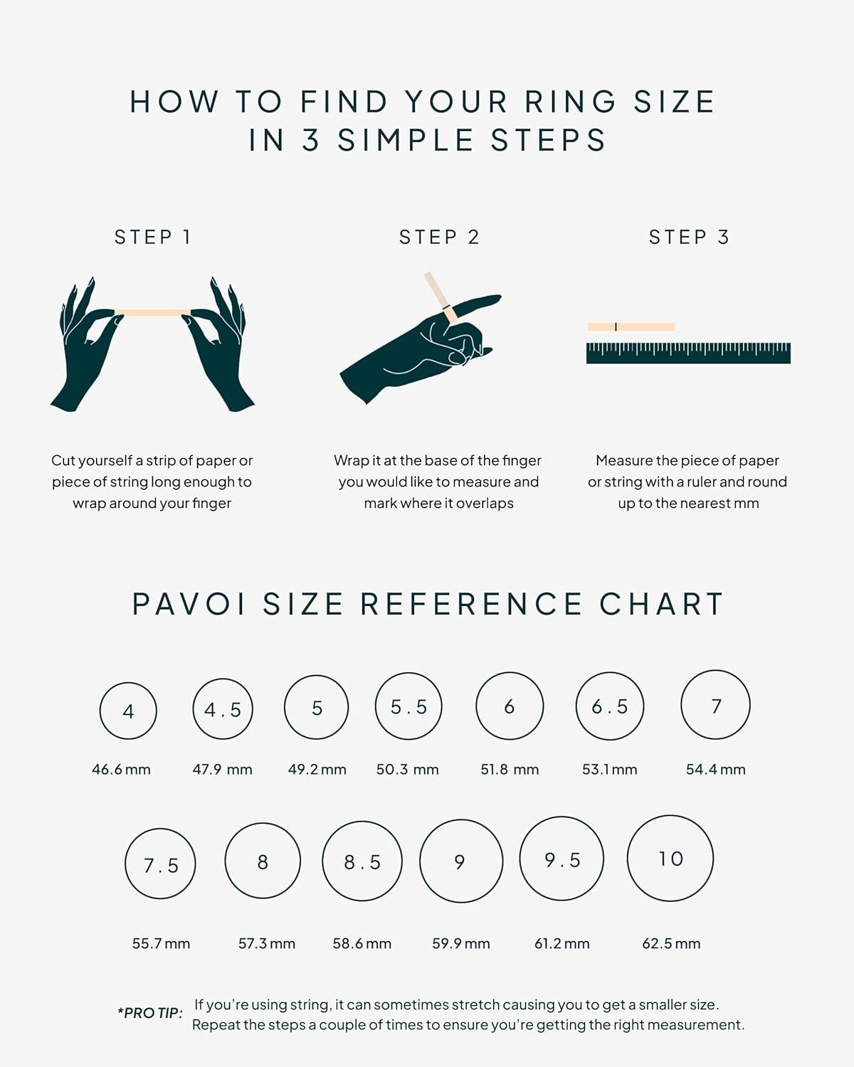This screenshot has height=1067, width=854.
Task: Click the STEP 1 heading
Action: pos(152,237)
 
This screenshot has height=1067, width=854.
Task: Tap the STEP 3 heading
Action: pos(689,237)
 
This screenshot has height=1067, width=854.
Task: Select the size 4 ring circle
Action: pos(100,711)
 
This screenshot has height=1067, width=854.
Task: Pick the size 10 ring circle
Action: pos(628,859)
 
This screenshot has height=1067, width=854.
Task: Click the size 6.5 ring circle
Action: pos(576,706)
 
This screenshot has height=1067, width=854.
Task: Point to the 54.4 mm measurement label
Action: pos(715,770)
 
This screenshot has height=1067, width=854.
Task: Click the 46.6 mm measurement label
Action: pos(121,770)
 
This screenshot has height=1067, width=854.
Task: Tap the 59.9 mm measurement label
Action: pos(461,943)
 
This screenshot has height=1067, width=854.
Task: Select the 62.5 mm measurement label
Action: pos(671,943)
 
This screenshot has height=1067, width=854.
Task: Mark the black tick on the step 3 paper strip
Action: pos(616,327)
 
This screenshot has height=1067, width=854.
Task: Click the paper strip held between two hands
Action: pos(152,312)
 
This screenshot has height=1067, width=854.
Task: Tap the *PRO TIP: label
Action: pos(150,1013)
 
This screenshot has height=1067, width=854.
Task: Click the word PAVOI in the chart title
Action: pos(189,604)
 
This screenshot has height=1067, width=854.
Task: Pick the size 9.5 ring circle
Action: pos(520,859)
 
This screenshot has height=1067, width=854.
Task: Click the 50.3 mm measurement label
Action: pos(407,770)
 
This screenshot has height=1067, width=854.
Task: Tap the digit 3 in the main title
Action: pos(311,139)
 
